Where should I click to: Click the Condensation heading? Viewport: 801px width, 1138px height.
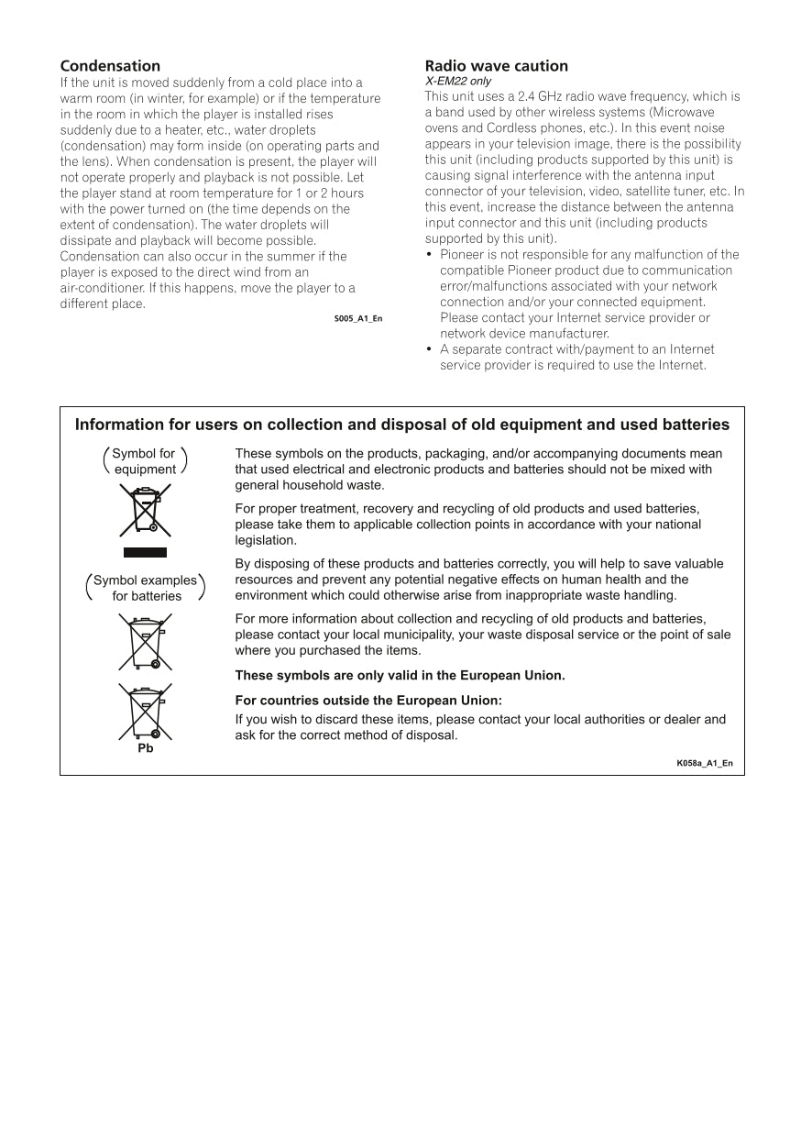(110, 66)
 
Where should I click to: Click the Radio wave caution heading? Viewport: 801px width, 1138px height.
(496, 66)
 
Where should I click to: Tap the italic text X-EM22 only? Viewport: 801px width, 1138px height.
(457, 82)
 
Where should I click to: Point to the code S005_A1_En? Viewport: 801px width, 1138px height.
(358, 318)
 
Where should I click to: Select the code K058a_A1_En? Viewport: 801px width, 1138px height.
(705, 763)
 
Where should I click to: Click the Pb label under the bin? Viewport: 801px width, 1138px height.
(145, 748)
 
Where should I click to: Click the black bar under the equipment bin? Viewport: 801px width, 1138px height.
(145, 552)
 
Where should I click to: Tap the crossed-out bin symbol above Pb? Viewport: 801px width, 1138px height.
(145, 712)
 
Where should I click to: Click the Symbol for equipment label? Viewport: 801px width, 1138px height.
(145, 461)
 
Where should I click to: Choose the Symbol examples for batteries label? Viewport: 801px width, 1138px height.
(146, 588)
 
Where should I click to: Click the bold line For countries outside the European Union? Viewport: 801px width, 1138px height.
(368, 701)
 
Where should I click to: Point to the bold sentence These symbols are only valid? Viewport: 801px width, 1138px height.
(400, 676)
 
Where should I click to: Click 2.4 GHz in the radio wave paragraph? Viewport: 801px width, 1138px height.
(532, 96)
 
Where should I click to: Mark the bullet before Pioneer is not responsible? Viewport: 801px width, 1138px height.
(430, 255)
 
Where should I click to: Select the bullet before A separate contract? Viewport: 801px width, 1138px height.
(430, 349)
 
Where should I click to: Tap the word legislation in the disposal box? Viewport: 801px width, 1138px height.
(266, 540)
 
